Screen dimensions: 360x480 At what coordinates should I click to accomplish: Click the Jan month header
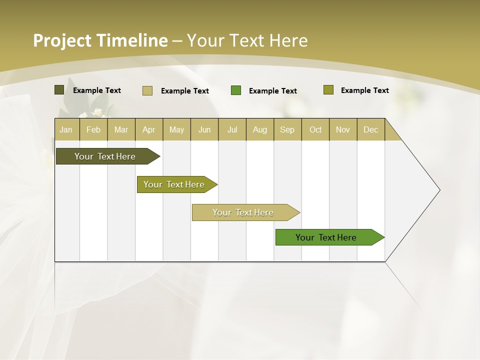point(66,129)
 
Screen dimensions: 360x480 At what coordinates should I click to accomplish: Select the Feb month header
point(93,129)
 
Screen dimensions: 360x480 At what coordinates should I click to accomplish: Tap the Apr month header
point(148,129)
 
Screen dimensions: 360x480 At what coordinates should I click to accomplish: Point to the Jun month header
point(204,129)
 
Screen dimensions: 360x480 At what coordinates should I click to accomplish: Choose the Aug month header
point(259,129)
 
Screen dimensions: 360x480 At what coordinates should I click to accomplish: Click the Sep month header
point(287,129)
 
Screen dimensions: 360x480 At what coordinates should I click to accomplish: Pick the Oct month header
point(315,129)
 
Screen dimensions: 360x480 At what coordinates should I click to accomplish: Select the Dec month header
point(370,129)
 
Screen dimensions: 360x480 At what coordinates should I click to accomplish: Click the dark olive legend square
point(59,90)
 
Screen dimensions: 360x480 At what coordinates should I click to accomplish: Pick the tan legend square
point(147,90)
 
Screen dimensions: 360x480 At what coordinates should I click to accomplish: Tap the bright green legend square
point(236,90)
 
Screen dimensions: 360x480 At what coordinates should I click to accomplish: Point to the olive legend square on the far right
point(328,90)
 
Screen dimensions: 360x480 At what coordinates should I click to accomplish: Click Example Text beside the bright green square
point(272,91)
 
